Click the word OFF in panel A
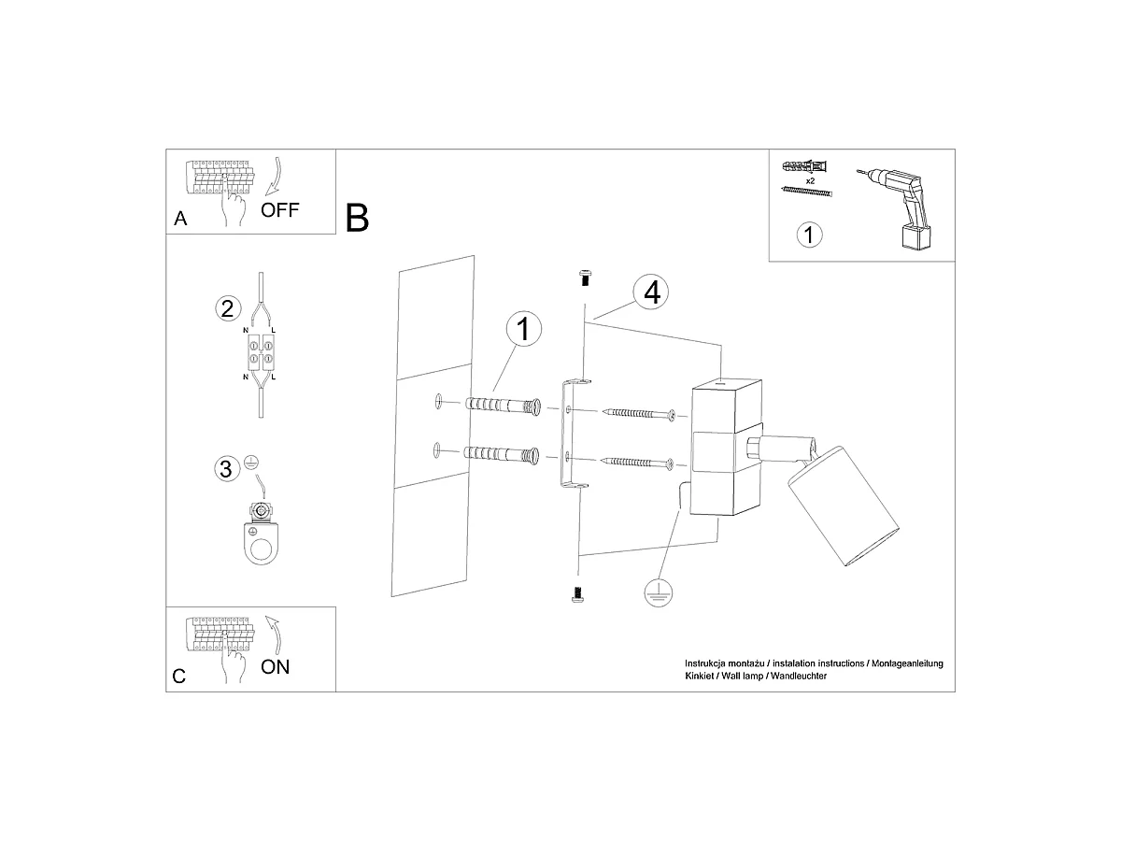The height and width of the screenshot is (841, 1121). [x=279, y=210]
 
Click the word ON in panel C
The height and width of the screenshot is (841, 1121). [x=275, y=667]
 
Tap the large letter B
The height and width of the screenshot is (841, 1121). [x=357, y=218]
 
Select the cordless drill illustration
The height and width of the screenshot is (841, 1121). [x=901, y=208]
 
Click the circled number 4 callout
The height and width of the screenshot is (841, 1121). [x=650, y=292]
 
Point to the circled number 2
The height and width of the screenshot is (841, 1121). [x=228, y=308]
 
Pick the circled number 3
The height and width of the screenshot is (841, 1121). [x=226, y=469]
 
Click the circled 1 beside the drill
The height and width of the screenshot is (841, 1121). [x=810, y=235]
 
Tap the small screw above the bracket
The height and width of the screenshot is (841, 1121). [x=585, y=278]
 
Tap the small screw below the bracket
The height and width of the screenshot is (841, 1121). [x=577, y=595]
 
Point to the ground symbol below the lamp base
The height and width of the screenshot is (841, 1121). [x=659, y=592]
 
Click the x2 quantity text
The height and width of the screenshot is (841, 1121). [x=810, y=180]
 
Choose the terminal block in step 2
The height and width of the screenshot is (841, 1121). [x=261, y=352]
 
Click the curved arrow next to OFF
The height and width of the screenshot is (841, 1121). [x=277, y=177]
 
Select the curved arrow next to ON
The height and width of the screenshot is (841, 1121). [x=275, y=634]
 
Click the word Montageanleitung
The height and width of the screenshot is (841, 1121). [x=907, y=663]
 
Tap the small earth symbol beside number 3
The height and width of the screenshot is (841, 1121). [x=250, y=463]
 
